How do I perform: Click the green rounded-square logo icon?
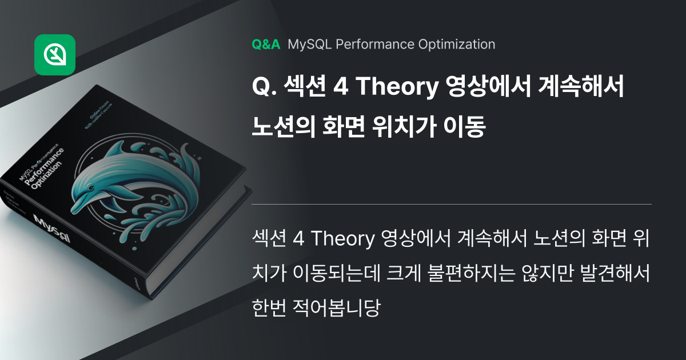point(55,55)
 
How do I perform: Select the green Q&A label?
point(266,44)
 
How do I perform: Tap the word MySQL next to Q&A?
point(309,44)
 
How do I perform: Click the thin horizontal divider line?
point(452,204)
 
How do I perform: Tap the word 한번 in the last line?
point(269,309)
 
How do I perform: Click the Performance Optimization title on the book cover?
point(46,172)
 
